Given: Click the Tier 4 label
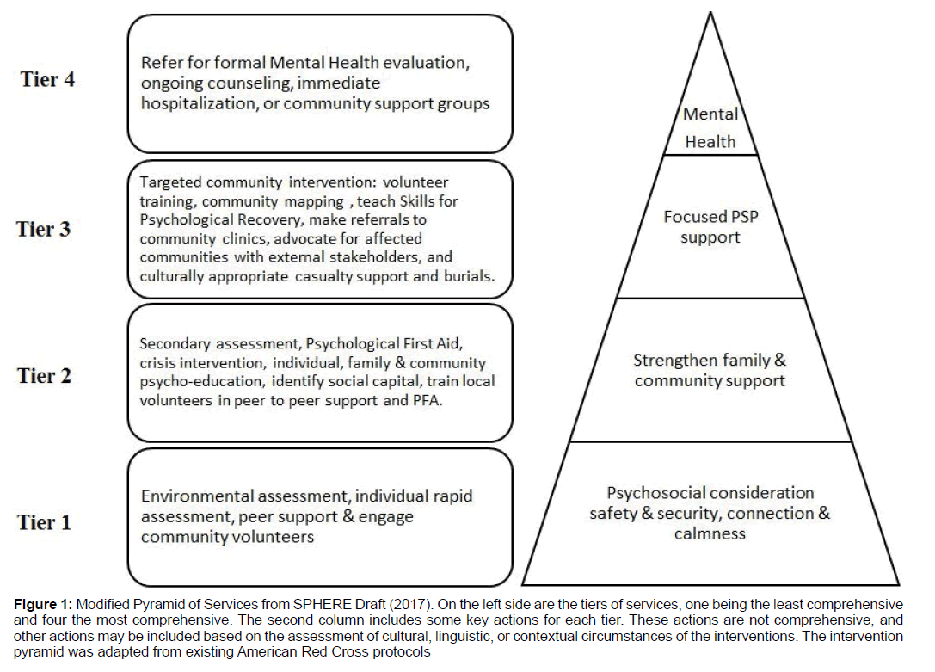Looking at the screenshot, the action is (x=47, y=79).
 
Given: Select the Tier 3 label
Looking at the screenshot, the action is (x=44, y=229).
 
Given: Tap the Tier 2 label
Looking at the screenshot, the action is (x=44, y=376).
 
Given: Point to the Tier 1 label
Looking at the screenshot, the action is (x=44, y=522).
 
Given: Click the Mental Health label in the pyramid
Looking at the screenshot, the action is (x=710, y=127).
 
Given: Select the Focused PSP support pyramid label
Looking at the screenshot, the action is (x=710, y=226).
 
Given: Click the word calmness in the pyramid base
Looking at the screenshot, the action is (x=710, y=533).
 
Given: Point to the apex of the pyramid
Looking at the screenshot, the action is (x=710, y=13).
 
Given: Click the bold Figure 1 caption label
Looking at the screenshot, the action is (x=43, y=605).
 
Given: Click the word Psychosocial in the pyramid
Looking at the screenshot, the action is (x=645, y=493).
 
